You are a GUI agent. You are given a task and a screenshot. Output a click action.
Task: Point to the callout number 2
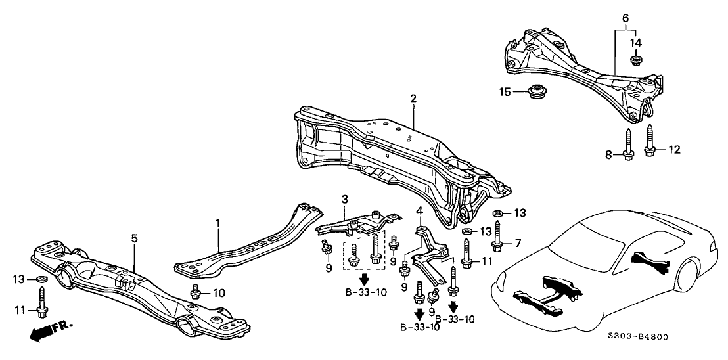pyautogui.click(x=413, y=99)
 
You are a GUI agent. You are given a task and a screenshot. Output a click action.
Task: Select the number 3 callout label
pyautogui.click(x=344, y=198)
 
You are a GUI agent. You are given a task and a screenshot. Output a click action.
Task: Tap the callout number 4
pyautogui.click(x=419, y=211)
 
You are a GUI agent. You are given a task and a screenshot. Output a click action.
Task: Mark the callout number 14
pyautogui.click(x=635, y=43)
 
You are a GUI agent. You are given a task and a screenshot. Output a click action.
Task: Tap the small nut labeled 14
pyautogui.click(x=635, y=61)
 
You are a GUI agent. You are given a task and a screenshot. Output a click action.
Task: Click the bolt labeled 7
pyautogui.click(x=497, y=240)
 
